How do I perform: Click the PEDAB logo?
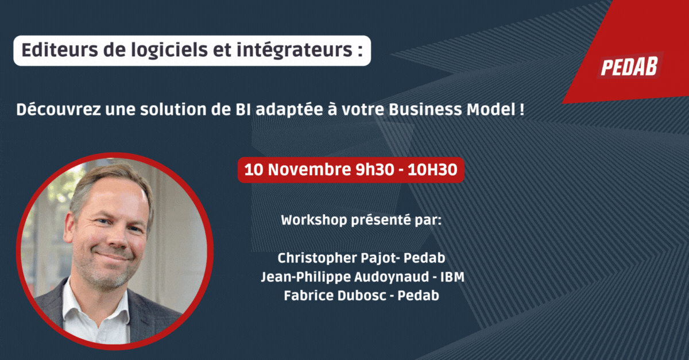point(629,66)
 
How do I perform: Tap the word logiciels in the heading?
point(169,51)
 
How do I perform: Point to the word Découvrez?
point(59,109)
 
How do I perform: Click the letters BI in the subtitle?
point(243,110)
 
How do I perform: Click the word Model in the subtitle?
point(491,110)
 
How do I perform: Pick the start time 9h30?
point(374,170)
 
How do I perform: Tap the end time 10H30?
point(432,170)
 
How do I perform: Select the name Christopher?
point(317,258)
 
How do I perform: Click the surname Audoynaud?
point(392,277)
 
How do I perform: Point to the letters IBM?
point(452,277)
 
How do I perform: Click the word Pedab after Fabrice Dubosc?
point(419,296)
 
